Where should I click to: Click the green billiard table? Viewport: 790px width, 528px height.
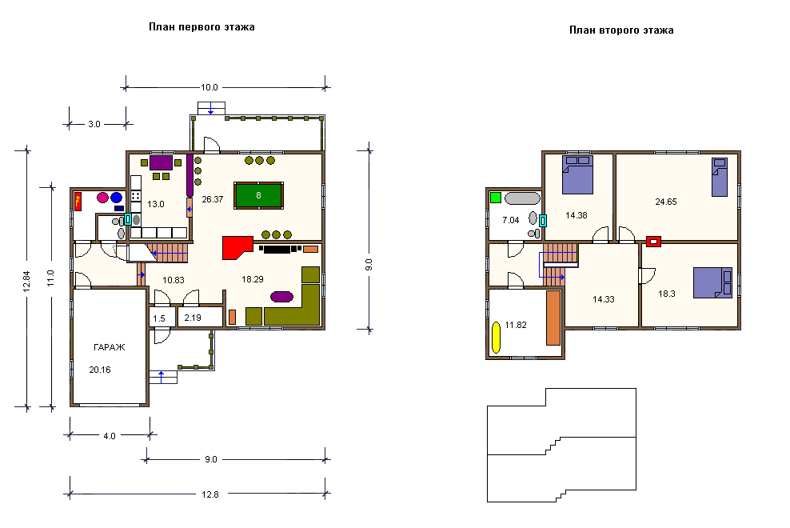pyautogui.click(x=258, y=195)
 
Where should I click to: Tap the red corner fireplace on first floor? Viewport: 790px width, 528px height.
pyautogui.click(x=236, y=247)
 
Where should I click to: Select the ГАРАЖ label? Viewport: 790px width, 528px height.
pyautogui.click(x=110, y=347)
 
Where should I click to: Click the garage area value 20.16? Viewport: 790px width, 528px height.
pyautogui.click(x=100, y=370)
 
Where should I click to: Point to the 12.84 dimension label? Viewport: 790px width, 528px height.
pyautogui.click(x=26, y=282)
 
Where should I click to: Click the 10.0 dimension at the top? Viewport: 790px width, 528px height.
pyautogui.click(x=209, y=87)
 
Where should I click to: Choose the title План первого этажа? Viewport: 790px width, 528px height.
pyautogui.click(x=201, y=26)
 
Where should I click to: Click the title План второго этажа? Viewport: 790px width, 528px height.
pyautogui.click(x=621, y=30)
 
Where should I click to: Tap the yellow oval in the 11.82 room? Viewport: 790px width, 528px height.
pyautogui.click(x=496, y=338)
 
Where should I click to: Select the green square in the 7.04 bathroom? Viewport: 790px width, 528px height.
pyautogui.click(x=496, y=198)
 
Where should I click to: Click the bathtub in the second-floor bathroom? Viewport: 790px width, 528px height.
pyautogui.click(x=522, y=198)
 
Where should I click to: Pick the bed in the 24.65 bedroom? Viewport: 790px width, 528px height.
pyautogui.click(x=720, y=177)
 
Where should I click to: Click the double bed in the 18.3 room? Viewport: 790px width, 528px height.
pyautogui.click(x=712, y=283)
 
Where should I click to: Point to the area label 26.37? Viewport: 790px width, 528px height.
pyautogui.click(x=212, y=199)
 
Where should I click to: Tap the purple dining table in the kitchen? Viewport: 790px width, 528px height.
pyautogui.click(x=162, y=163)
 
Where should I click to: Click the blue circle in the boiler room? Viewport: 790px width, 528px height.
pyautogui.click(x=117, y=198)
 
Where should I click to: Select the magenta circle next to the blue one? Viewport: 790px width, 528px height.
pyautogui.click(x=103, y=198)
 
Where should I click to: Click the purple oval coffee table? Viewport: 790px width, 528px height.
pyautogui.click(x=281, y=297)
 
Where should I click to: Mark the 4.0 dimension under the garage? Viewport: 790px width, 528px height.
pyautogui.click(x=110, y=436)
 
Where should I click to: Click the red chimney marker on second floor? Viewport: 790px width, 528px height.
pyautogui.click(x=653, y=242)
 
